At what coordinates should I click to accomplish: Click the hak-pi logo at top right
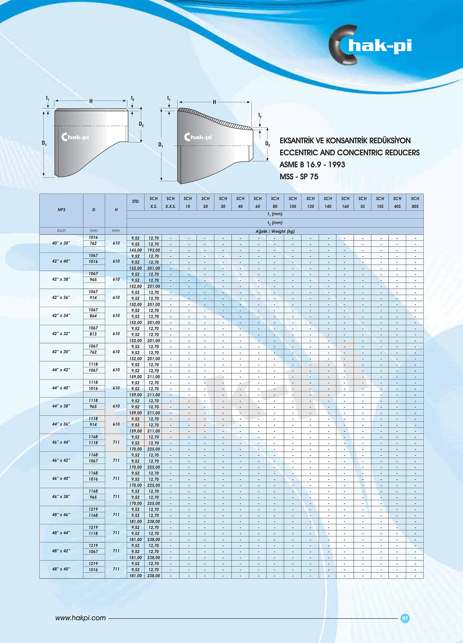tap(370, 45)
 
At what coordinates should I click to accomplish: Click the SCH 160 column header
tap(345, 202)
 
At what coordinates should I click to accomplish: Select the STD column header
tap(135, 201)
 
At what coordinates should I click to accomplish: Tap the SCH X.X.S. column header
tap(170, 202)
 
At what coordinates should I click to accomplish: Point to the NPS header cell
tap(61, 210)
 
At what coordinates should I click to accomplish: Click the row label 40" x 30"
tap(61, 243)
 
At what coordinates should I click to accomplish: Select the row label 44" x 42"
tap(61, 370)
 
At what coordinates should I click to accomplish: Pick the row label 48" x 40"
tap(61, 569)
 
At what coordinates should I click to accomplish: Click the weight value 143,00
tap(136, 250)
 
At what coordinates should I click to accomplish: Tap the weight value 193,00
tap(154, 250)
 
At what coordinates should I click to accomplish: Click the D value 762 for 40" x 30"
tap(93, 244)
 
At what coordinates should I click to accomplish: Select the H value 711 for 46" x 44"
tap(116, 442)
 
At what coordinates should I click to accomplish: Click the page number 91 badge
tap(405, 618)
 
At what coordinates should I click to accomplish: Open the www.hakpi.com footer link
tap(81, 618)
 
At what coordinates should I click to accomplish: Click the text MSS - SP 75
tap(299, 177)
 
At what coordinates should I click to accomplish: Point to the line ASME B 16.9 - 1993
tap(312, 165)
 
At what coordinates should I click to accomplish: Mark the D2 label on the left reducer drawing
tap(141, 124)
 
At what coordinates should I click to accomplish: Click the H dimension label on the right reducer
tap(215, 102)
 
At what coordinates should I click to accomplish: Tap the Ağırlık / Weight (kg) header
tap(275, 231)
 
